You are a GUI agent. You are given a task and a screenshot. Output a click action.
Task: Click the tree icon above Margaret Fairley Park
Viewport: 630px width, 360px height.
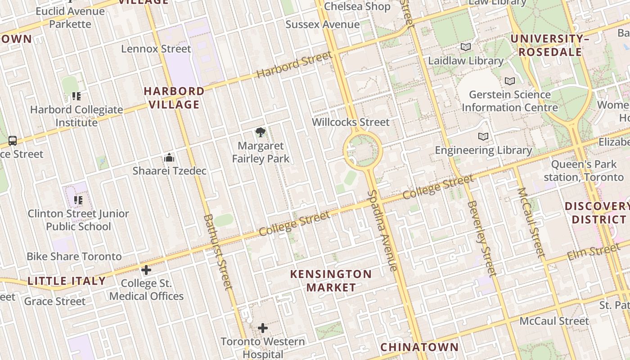[260, 132]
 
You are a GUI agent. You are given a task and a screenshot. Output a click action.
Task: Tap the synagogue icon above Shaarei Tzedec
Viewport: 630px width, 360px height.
[169, 157]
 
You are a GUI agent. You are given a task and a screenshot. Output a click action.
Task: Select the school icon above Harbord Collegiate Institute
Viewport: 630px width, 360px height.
[76, 96]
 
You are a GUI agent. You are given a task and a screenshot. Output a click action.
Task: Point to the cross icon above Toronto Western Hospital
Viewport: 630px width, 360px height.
[263, 328]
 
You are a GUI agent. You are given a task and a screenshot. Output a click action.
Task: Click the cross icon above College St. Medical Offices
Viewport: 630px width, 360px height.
[146, 270]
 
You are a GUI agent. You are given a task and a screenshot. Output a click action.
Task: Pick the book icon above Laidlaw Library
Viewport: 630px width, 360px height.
[465, 47]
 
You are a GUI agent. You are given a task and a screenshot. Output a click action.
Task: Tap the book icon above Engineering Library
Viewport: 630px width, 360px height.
[483, 136]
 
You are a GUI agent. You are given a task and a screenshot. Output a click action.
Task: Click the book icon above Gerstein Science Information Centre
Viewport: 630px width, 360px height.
[509, 81]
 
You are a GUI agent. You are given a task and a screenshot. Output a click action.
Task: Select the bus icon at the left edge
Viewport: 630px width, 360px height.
[13, 141]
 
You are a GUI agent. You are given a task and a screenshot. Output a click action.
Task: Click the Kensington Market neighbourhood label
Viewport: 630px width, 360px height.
[331, 280]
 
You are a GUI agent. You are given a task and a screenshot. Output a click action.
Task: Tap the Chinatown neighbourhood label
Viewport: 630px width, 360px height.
[419, 347]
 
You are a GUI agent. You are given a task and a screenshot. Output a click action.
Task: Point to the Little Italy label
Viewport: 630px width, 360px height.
[67, 281]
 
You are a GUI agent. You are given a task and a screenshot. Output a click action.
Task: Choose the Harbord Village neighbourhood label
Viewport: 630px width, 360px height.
[174, 98]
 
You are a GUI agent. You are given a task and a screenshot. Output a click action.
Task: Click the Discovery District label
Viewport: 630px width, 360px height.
[597, 213]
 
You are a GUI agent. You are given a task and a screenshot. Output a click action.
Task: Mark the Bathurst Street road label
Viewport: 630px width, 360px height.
[218, 252]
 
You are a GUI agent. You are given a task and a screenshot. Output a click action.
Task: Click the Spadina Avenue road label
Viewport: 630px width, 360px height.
[382, 230]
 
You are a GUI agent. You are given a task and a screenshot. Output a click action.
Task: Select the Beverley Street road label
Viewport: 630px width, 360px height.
[481, 238]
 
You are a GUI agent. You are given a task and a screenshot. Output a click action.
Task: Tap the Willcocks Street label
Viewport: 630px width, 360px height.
[351, 122]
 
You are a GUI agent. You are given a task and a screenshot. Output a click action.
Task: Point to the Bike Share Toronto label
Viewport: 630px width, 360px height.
[74, 256]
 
